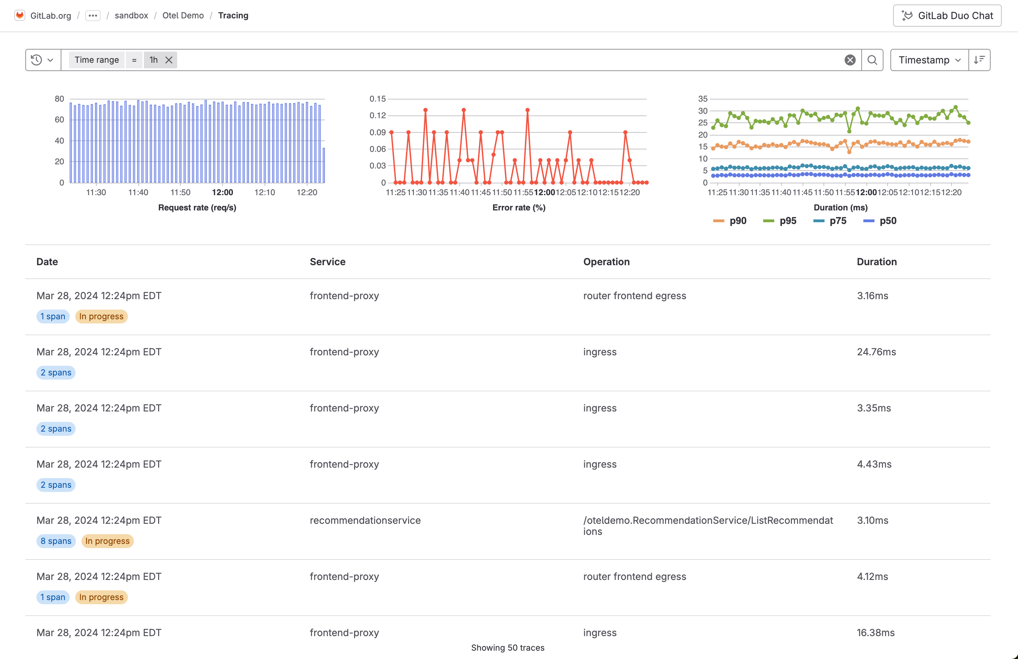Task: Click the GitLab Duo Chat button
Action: point(947,16)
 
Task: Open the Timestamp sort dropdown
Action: point(929,60)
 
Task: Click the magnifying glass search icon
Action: point(872,60)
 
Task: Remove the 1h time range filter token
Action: point(169,60)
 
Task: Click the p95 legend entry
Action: point(780,221)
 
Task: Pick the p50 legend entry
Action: point(880,221)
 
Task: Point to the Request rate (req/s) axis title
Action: point(197,207)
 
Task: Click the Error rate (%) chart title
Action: point(518,207)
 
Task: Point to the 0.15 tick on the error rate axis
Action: point(377,99)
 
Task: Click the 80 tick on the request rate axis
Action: point(59,99)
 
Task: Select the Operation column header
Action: point(606,262)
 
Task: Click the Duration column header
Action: point(877,262)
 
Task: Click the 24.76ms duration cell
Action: point(876,352)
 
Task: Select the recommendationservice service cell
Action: point(365,520)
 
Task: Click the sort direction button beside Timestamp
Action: point(979,60)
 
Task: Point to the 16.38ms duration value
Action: point(875,633)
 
